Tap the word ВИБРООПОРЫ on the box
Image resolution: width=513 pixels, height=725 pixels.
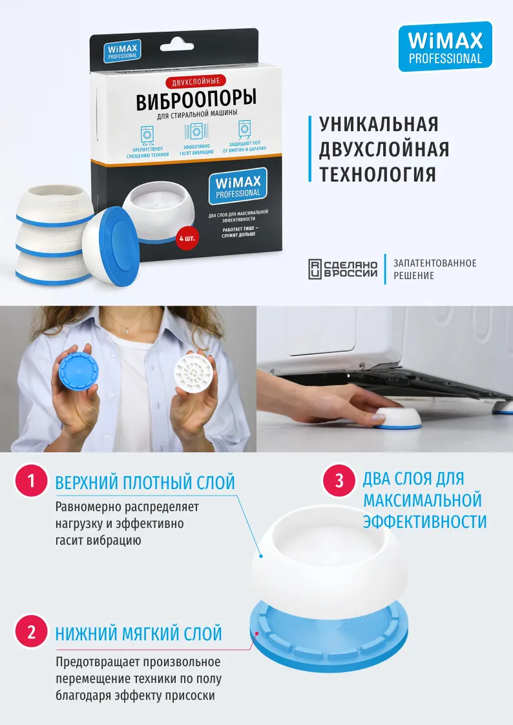[196, 100]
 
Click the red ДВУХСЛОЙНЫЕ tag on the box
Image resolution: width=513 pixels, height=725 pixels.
[196, 82]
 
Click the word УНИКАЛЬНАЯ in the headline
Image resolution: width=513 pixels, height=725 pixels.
[379, 124]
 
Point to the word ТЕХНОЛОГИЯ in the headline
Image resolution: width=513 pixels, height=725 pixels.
[377, 174]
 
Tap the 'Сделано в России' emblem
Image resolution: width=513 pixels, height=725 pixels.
[342, 269]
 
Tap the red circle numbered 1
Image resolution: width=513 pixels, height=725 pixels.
[32, 482]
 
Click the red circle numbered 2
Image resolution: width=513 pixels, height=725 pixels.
[32, 632]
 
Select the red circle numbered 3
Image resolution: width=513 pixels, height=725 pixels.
[340, 481]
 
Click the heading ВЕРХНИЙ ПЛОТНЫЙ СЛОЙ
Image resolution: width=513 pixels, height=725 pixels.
[145, 483]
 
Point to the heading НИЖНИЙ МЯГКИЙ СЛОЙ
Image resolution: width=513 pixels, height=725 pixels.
[138, 633]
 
